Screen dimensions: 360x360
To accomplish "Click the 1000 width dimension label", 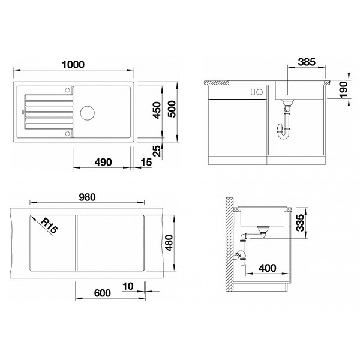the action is coord(73,65).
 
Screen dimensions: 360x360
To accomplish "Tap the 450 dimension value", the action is coord(157,110).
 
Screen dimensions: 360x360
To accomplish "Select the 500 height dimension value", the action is coord(172,109).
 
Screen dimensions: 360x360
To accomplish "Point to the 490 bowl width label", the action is coord(103,162).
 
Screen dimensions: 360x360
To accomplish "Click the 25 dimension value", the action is coord(157,151).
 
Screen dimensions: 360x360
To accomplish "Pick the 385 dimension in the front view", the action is coord(307,62).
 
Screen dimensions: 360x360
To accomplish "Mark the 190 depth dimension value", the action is coord(344,89).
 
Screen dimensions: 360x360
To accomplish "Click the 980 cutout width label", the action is coord(87,197).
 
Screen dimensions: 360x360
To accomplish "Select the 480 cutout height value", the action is coord(169,243).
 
